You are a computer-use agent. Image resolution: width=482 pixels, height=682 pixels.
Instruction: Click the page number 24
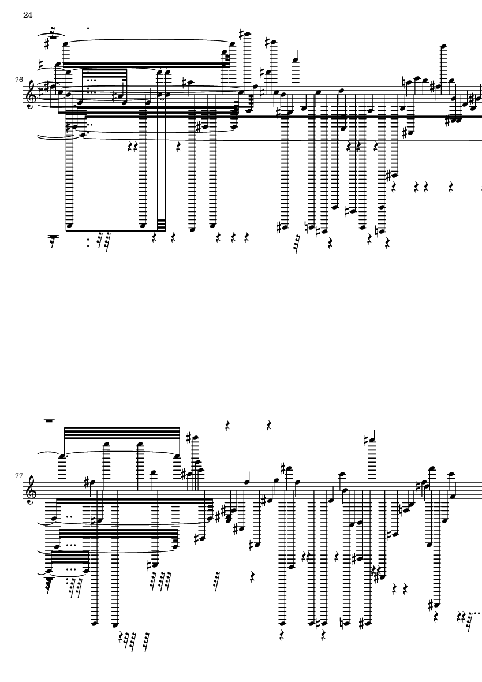point(27,14)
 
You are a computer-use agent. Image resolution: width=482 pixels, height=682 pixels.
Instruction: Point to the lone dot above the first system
point(88,27)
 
